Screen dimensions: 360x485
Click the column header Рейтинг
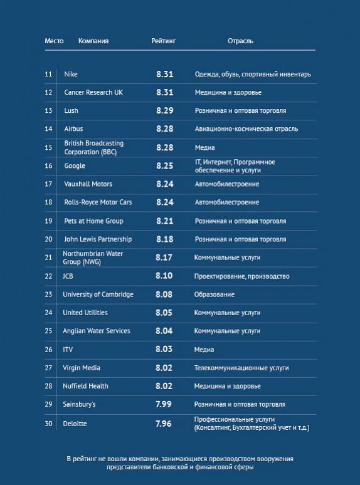pos(164,41)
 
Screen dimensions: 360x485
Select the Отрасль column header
pos(240,41)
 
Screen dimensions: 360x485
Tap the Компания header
pos(93,41)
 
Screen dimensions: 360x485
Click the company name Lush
pos(71,110)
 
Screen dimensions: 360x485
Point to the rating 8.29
pos(165,110)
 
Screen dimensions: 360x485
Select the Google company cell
pos(75,166)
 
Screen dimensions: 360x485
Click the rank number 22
pos(48,276)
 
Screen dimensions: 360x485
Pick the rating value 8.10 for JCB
pos(164,276)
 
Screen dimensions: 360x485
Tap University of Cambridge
pos(98,294)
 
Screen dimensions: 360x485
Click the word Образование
pos(214,295)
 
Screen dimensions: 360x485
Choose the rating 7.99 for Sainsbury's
pos(164,404)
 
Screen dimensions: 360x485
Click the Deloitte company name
pos(75,424)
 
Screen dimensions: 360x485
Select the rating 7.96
pos(164,424)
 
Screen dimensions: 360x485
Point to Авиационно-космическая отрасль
pos(246,128)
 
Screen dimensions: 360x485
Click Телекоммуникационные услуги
pos(241,368)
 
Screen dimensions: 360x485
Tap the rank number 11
pos(48,74)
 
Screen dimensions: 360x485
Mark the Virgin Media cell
pos(82,368)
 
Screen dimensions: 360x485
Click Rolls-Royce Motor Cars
pos(98,202)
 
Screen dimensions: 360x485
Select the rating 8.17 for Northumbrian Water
pos(164,258)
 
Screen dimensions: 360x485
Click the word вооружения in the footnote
pos(277,459)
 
